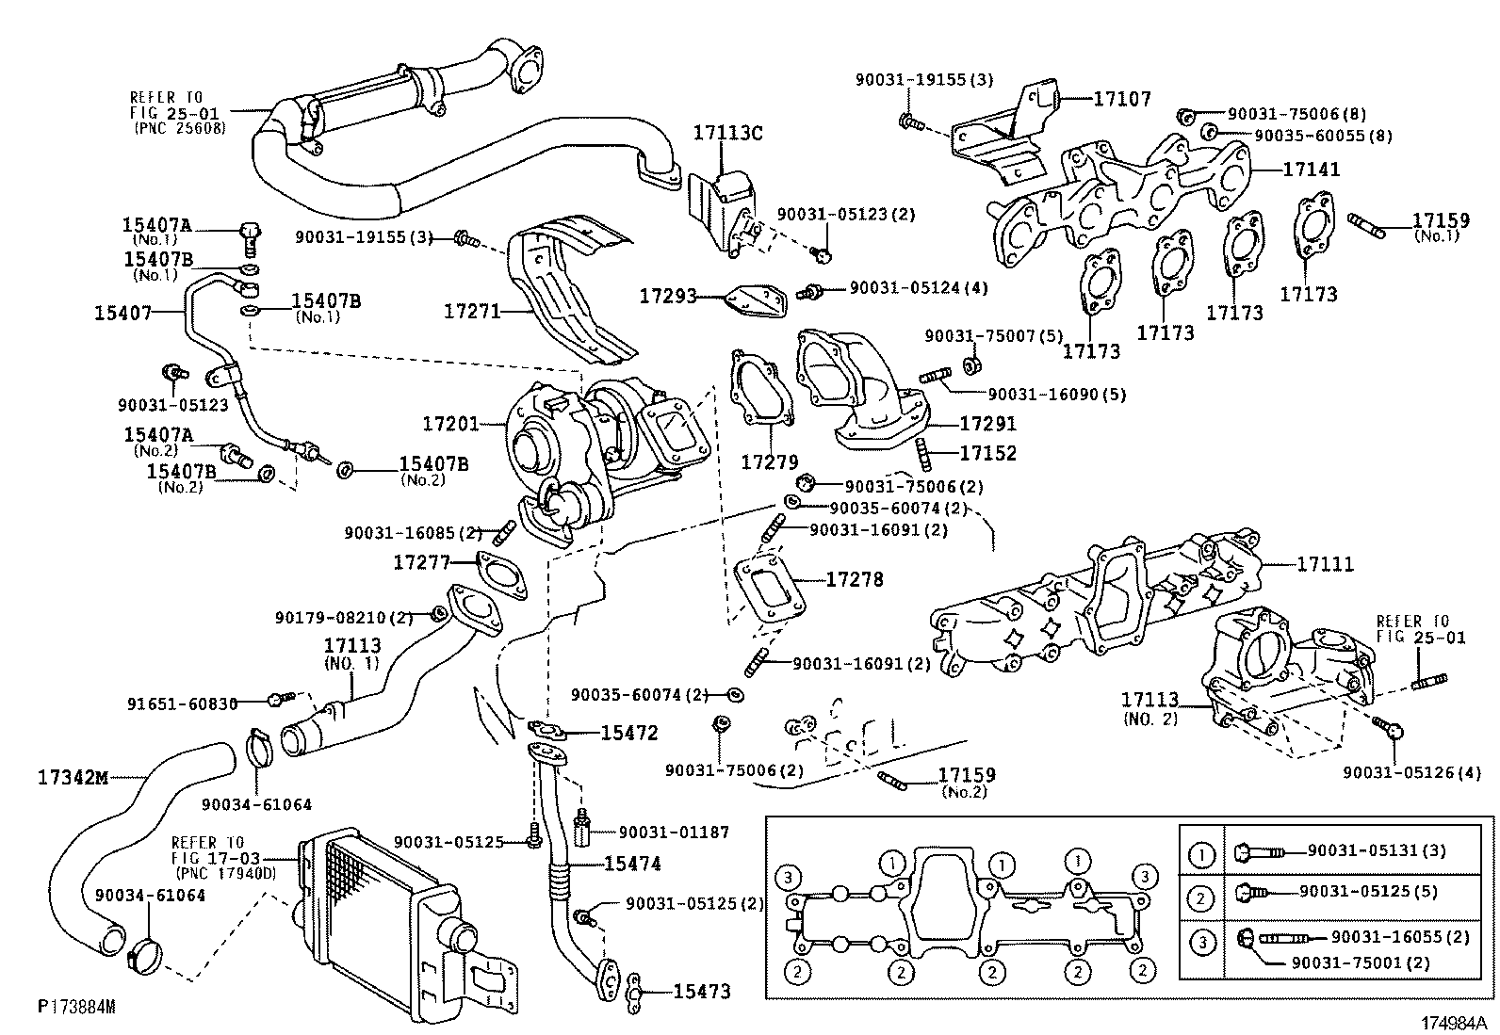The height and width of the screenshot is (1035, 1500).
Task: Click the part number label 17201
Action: [x=449, y=425]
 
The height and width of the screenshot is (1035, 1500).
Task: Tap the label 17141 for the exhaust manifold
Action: [x=1311, y=170]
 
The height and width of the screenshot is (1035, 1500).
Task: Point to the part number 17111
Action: [x=1325, y=564]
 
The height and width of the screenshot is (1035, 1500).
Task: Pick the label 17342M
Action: [x=73, y=778]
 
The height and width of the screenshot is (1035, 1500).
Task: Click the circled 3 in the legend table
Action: [x=1201, y=943]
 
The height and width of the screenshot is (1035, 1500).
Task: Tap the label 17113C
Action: [x=727, y=133]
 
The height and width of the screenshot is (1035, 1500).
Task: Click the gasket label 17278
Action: [x=855, y=579]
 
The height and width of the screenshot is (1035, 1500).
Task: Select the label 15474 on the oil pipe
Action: [x=632, y=864]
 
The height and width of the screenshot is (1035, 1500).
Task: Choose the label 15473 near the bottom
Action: [x=701, y=991]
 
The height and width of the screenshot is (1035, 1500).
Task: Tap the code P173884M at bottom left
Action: [x=76, y=1007]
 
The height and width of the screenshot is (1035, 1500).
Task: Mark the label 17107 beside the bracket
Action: [x=1121, y=98]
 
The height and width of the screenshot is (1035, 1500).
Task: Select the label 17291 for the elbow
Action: [x=988, y=425]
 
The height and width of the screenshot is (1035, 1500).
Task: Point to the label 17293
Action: [x=667, y=297]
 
